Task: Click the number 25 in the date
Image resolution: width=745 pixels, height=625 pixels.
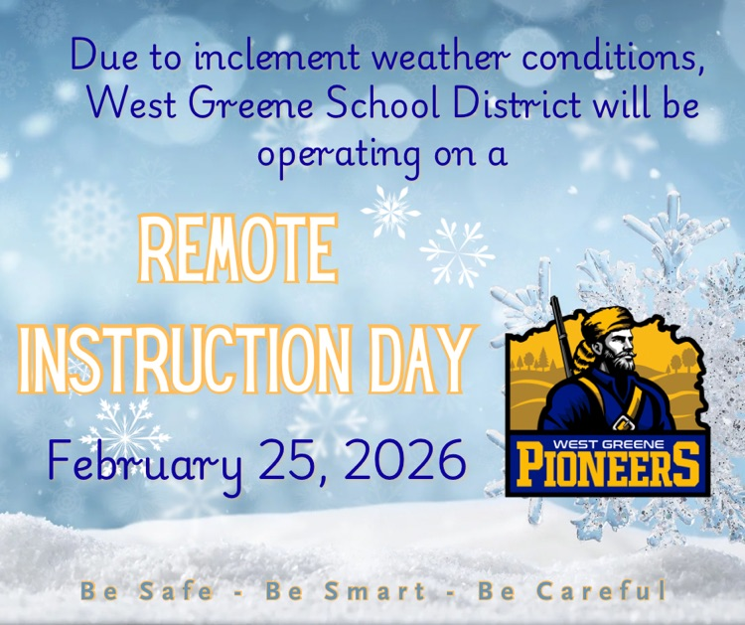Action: point(288,459)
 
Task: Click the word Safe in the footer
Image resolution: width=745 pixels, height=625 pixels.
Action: point(175,592)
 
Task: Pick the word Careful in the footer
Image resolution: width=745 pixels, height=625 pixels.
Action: point(600,592)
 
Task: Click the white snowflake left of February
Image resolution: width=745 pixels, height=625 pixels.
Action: point(125,429)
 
